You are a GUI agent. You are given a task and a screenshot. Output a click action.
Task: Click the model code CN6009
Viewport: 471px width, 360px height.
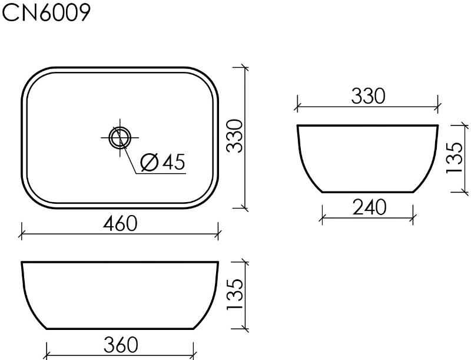point(47,13)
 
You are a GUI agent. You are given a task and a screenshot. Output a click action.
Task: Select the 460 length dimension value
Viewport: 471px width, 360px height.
point(120,223)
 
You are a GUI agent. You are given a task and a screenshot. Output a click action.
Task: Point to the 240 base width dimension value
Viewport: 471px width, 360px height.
point(369,207)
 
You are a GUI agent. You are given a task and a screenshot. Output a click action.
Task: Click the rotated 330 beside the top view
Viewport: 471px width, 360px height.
point(234,136)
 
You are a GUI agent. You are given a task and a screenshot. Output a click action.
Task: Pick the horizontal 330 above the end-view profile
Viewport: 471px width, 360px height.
point(368,96)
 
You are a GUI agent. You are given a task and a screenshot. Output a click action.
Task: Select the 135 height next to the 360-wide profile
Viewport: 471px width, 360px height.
point(234,295)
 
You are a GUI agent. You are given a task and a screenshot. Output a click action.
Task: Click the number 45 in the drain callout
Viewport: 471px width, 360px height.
point(173,162)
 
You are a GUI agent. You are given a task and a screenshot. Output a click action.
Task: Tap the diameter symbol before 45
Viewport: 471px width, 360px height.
point(150,163)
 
